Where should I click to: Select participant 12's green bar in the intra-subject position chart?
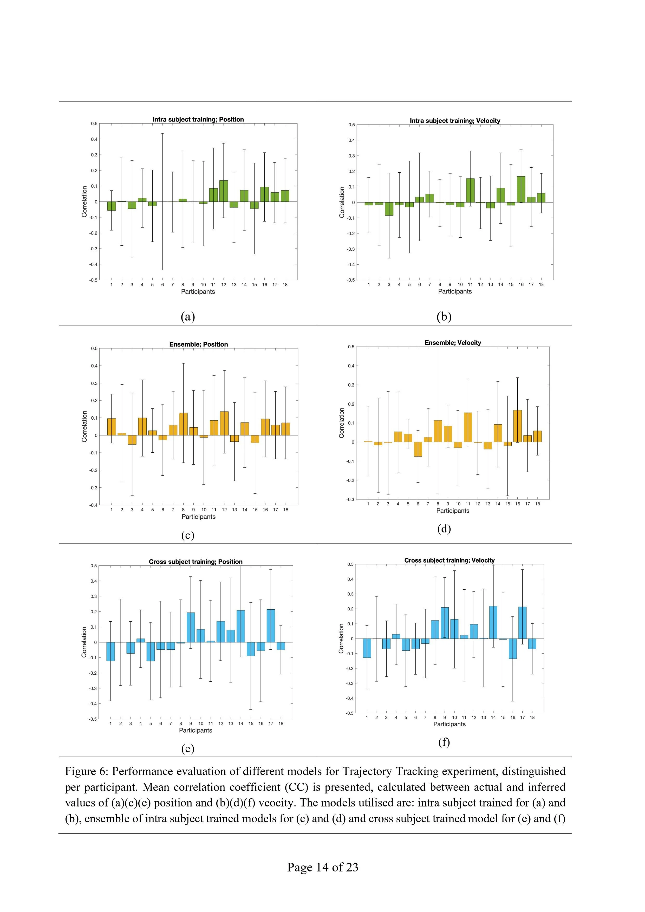[224, 191]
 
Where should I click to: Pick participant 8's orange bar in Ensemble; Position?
[183, 424]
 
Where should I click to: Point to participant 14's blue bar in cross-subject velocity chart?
[493, 622]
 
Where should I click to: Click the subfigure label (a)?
[187, 317]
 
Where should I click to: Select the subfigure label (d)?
[444, 529]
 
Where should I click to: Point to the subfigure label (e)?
[187, 749]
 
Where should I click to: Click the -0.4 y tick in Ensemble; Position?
[93, 505]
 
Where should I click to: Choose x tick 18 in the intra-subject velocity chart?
[541, 284]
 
